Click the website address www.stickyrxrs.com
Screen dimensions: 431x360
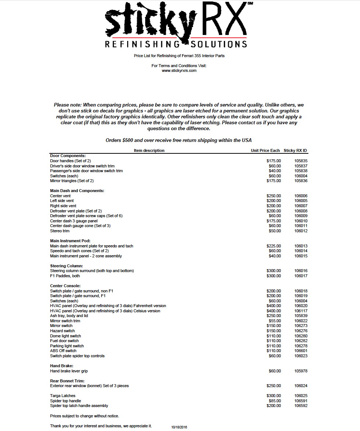179,70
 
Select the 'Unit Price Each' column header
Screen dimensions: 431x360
265,150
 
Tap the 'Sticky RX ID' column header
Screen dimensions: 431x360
295,150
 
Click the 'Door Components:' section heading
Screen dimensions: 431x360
68,156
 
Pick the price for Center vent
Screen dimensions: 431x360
273,196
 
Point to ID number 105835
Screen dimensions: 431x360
301,161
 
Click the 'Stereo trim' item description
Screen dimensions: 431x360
60,231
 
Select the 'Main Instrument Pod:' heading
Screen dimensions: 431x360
70,241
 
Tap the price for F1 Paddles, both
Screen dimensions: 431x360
273,276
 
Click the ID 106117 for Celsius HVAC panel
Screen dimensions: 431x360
301,311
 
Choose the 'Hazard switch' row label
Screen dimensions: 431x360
62,331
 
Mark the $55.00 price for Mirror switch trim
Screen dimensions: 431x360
275,321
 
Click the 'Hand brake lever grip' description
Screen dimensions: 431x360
69,371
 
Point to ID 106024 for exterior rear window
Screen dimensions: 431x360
301,386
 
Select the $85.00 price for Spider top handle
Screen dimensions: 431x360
275,401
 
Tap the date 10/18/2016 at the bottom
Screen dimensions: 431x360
179,427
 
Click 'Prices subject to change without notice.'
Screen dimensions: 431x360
84,416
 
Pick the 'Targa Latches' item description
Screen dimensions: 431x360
63,396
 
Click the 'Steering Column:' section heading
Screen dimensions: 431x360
66,266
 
